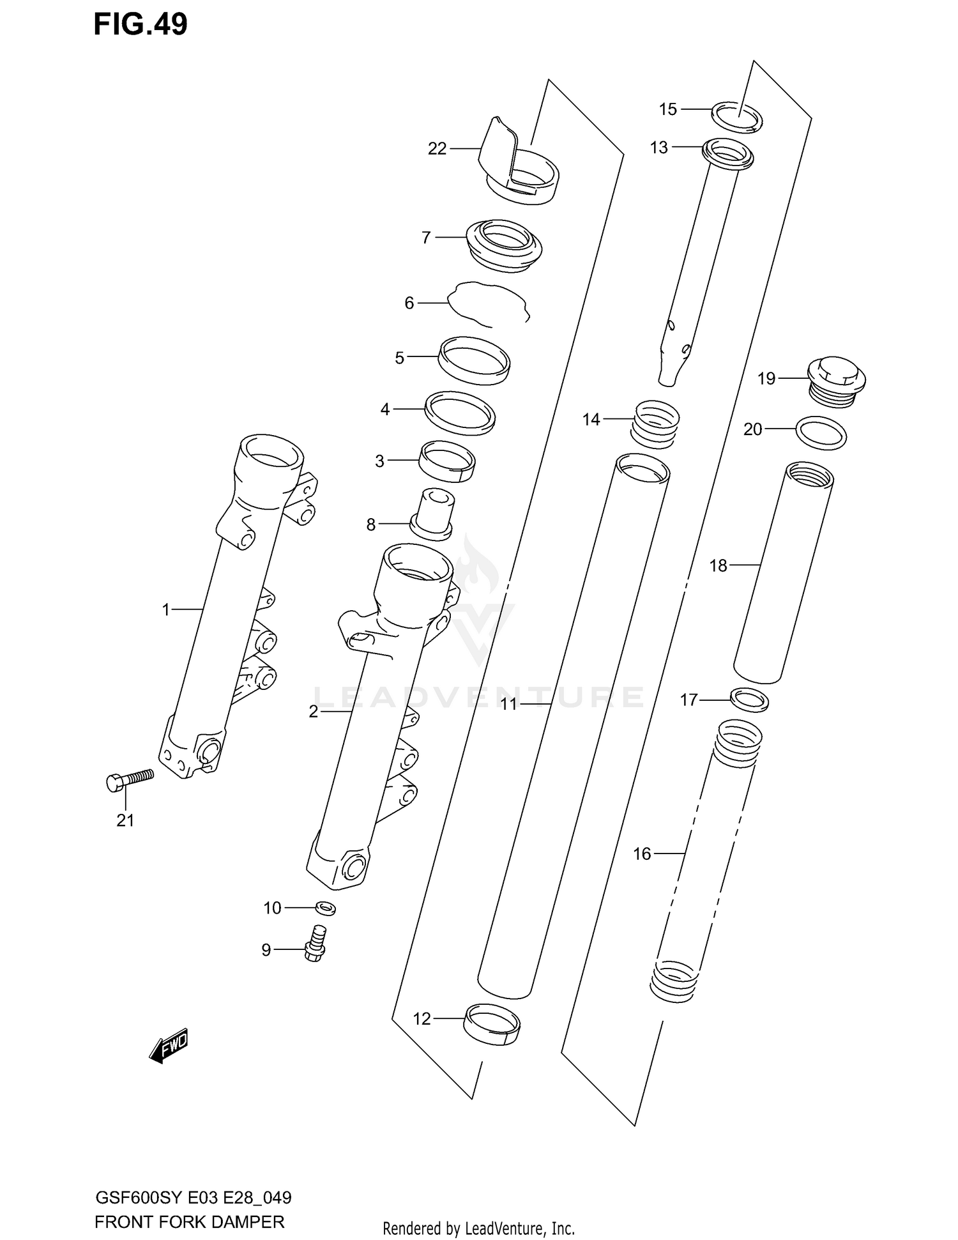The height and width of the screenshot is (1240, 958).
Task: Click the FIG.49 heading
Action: click(141, 25)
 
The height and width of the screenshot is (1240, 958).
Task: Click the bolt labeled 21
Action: click(130, 779)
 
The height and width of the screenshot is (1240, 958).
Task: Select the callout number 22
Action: click(437, 149)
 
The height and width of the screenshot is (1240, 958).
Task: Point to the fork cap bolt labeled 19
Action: click(836, 382)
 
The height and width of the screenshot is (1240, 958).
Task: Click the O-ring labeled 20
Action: click(821, 433)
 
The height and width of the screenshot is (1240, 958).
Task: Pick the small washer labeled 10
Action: click(326, 907)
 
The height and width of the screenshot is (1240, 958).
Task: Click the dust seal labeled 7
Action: click(505, 246)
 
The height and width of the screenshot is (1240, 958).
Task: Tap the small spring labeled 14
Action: click(655, 424)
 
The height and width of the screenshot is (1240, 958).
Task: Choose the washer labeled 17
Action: click(749, 700)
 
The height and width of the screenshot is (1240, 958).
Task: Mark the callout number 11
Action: click(508, 704)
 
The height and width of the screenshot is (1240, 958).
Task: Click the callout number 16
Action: click(641, 853)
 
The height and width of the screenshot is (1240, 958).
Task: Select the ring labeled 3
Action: click(446, 461)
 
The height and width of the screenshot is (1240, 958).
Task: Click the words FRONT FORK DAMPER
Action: click(189, 1222)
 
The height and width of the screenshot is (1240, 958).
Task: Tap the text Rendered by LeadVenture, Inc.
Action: click(478, 1228)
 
